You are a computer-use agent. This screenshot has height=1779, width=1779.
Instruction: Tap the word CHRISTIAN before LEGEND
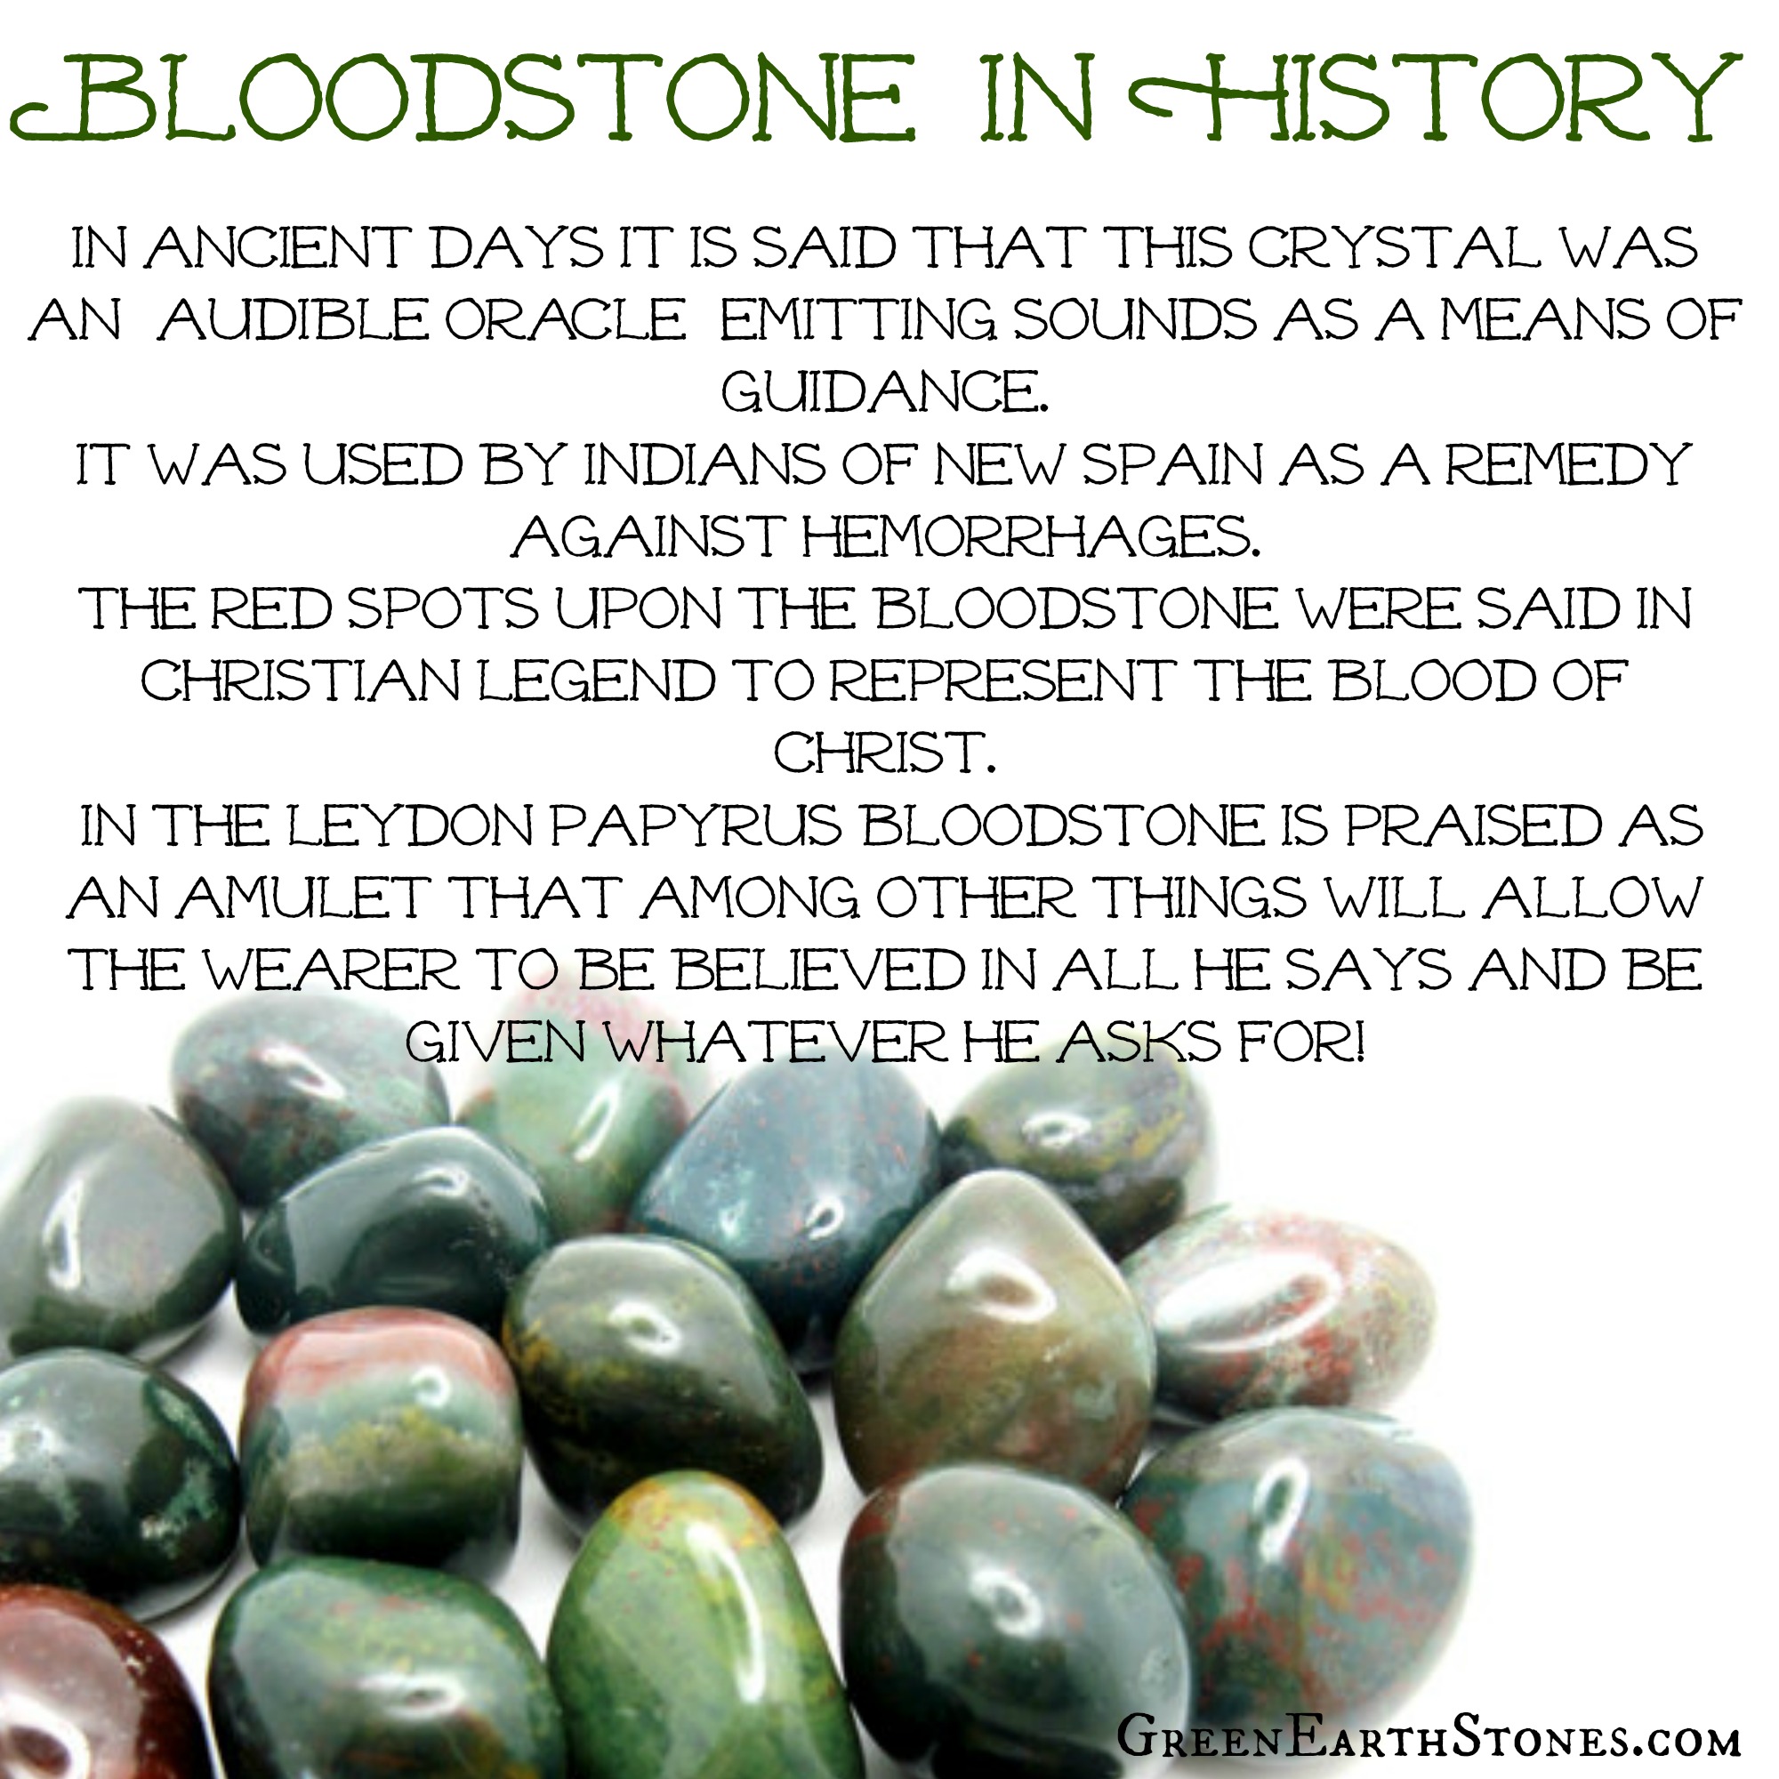(x=302, y=680)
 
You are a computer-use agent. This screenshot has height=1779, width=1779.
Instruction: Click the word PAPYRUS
(x=697, y=826)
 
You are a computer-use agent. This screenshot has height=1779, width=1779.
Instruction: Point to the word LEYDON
(x=411, y=826)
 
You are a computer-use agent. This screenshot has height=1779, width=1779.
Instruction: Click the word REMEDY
(x=1568, y=465)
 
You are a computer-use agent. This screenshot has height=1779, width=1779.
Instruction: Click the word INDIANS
(x=705, y=465)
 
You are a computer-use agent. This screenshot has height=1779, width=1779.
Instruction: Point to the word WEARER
(x=331, y=970)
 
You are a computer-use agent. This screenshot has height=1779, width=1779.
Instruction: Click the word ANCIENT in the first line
(x=274, y=249)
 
